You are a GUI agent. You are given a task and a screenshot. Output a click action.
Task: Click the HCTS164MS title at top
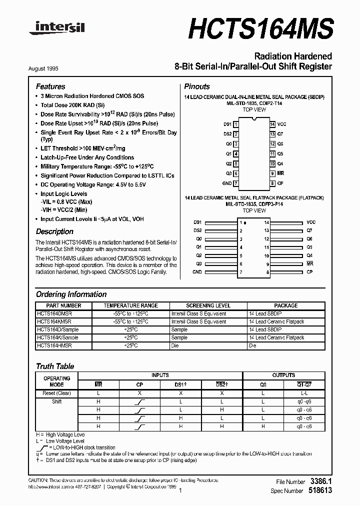(x=260, y=28)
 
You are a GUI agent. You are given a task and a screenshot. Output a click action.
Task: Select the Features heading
(x=50, y=86)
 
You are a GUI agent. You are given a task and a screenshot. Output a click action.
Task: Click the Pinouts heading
(x=197, y=86)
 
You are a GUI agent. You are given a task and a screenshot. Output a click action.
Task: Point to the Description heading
(x=54, y=231)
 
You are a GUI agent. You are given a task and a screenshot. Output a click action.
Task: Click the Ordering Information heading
(x=71, y=294)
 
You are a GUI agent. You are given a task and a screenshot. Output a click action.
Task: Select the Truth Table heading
(x=55, y=366)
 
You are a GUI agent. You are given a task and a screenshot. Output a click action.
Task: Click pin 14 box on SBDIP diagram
(x=272, y=124)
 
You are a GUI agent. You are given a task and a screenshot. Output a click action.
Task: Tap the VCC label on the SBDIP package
(x=282, y=124)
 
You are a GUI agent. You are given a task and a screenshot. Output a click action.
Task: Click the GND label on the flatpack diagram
(x=197, y=272)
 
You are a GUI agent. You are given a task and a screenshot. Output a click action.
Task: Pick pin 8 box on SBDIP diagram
(x=272, y=183)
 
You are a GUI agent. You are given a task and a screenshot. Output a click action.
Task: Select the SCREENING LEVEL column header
(x=208, y=305)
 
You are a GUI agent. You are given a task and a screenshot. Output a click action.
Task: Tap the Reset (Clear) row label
(x=56, y=393)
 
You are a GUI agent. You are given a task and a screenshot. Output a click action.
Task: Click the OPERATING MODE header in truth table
(x=56, y=381)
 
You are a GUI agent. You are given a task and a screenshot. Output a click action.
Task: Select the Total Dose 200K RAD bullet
(x=72, y=105)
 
